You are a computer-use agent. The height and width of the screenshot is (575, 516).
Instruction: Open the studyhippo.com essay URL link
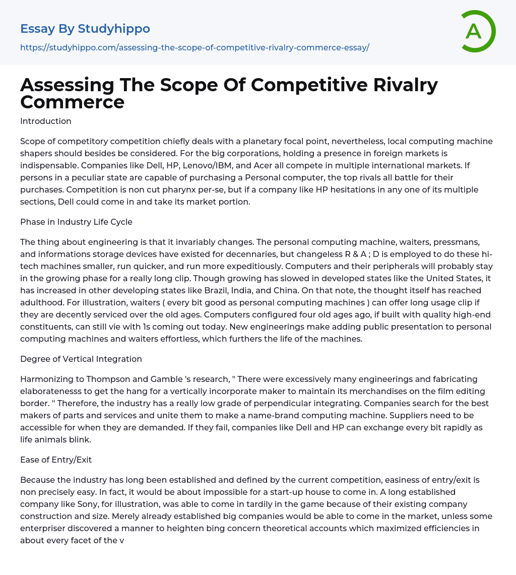point(195,47)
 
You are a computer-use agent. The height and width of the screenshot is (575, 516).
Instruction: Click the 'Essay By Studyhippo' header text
point(85,29)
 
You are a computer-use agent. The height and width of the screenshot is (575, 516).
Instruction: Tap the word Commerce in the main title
point(72,102)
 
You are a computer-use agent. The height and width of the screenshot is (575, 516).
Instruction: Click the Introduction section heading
point(46,121)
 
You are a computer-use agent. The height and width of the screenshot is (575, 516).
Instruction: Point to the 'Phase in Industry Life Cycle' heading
point(76,222)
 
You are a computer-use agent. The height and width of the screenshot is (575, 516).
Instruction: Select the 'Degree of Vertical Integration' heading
point(81,359)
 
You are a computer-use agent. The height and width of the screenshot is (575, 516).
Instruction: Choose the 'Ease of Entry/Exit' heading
point(56,460)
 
